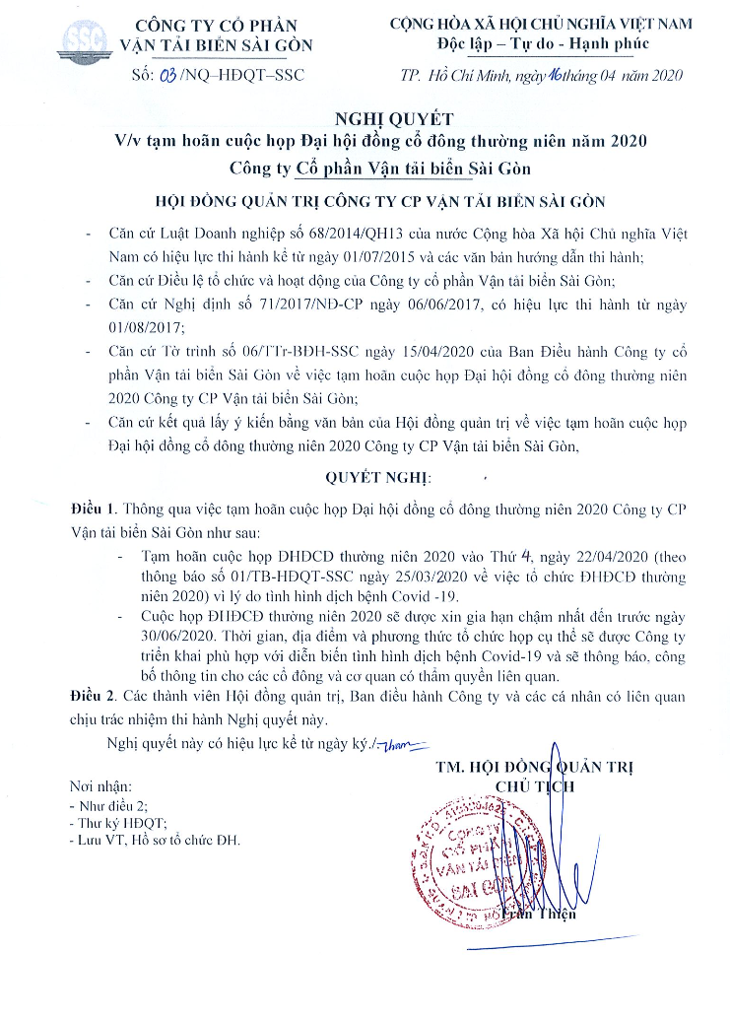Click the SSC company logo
82,39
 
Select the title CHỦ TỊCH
532,785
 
